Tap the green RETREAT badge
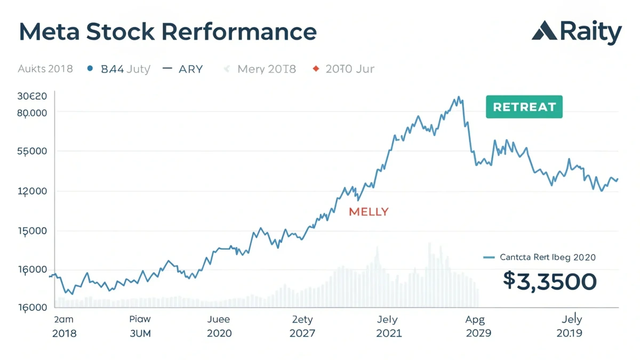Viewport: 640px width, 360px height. click(x=524, y=107)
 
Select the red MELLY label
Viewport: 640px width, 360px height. click(x=369, y=212)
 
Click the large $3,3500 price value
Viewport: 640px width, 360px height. click(x=549, y=281)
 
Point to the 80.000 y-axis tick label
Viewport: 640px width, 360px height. click(x=32, y=113)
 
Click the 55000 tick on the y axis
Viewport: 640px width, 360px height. click(x=32, y=151)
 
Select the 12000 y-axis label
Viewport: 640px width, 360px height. click(x=32, y=191)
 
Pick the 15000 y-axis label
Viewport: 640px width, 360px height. click(x=32, y=231)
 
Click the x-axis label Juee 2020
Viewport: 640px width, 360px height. click(x=219, y=326)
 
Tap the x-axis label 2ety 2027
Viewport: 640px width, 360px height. click(x=302, y=326)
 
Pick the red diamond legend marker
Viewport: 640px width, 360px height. click(x=316, y=69)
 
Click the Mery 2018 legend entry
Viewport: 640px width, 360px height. click(x=266, y=69)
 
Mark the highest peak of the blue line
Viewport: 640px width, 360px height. click(x=458, y=98)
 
